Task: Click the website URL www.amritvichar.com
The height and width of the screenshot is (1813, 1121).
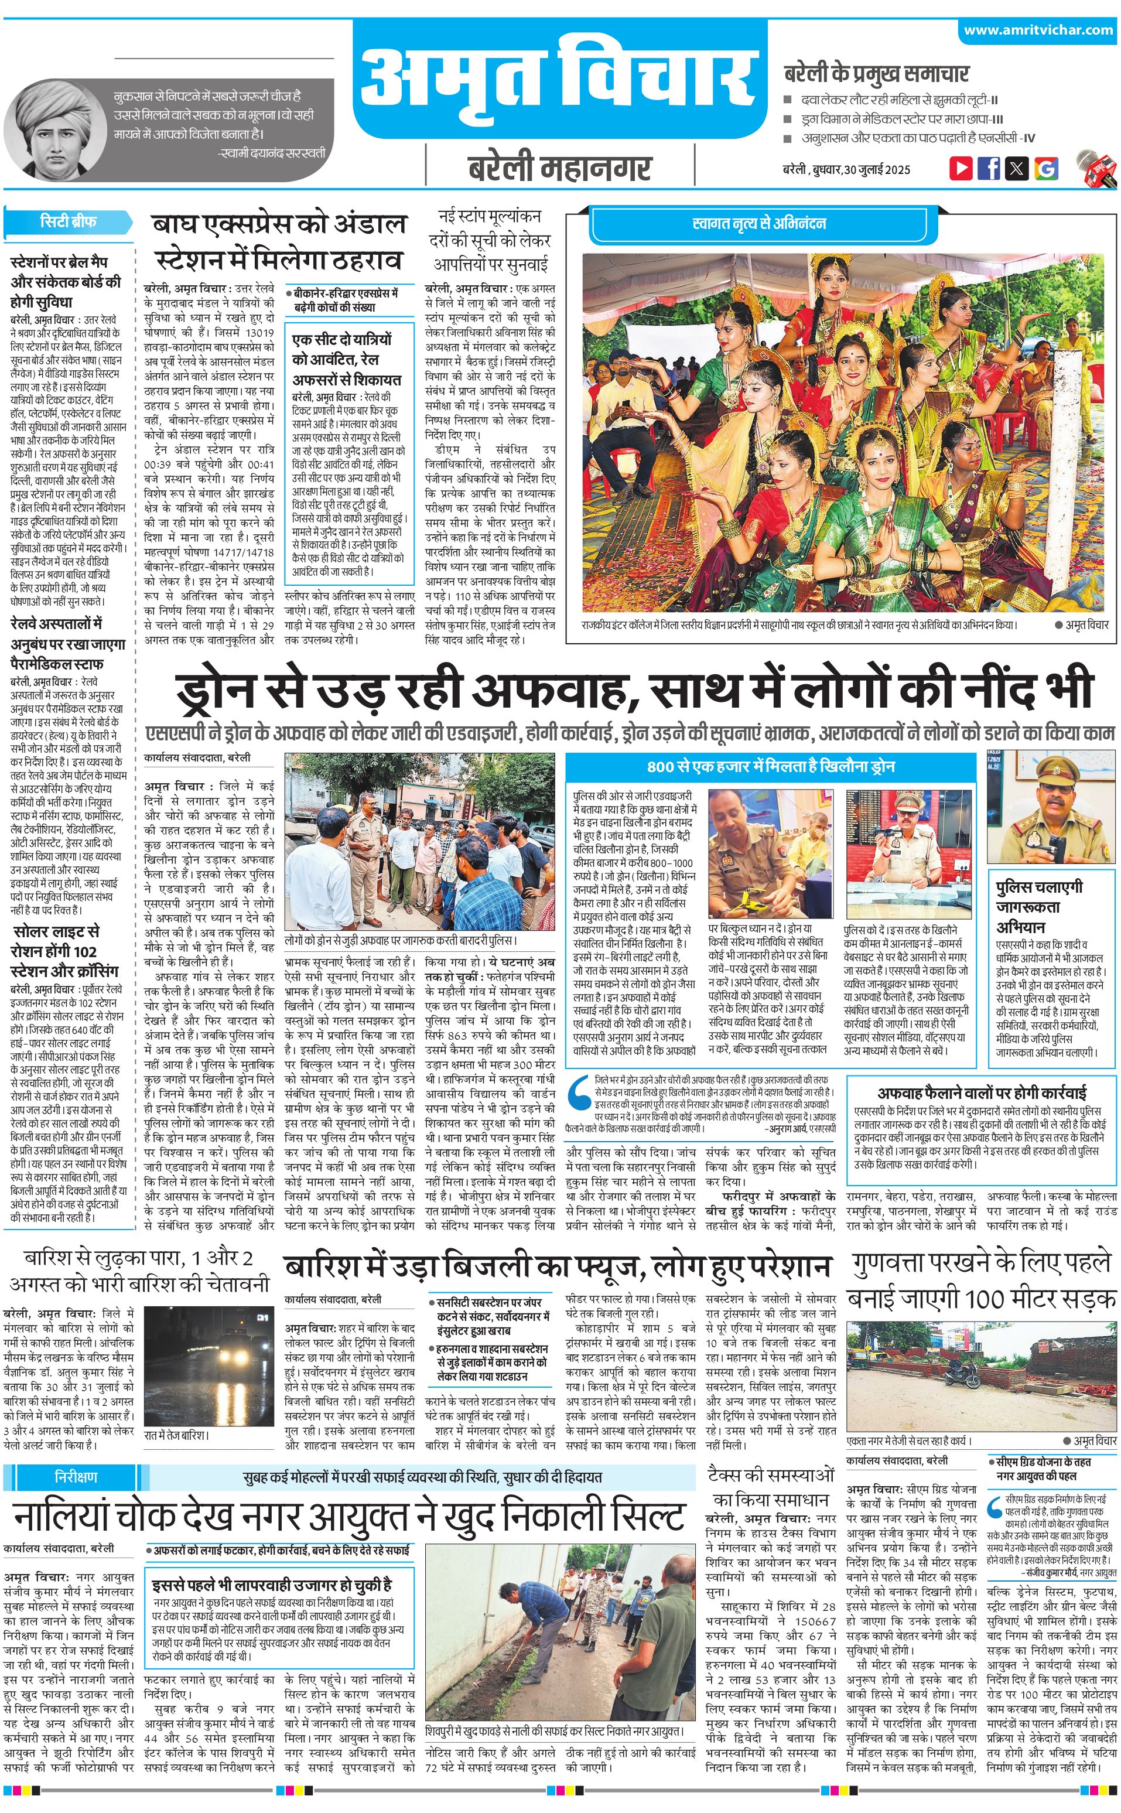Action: [x=1038, y=30]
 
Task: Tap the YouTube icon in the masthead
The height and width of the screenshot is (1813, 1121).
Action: [x=961, y=168]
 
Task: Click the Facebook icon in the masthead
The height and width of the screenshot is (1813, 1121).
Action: [x=988, y=168]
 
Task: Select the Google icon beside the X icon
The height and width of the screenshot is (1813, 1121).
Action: [x=1045, y=168]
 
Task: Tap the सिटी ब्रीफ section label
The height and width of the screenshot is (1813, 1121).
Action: [x=68, y=221]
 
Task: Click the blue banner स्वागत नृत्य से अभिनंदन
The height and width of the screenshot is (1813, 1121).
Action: [x=758, y=224]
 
